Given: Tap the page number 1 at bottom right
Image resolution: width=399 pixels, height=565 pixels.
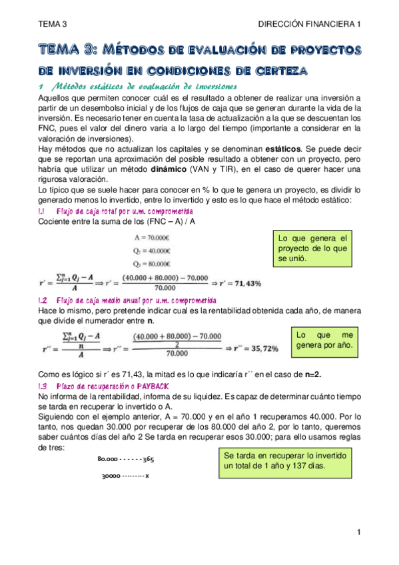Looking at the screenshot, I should click(x=358, y=531).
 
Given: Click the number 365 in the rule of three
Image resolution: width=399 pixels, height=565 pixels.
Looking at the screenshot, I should click(x=147, y=459).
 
